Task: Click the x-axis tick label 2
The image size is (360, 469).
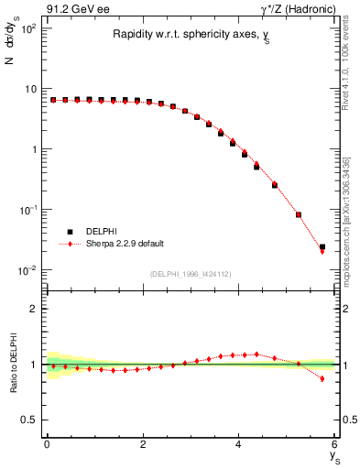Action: point(143,446)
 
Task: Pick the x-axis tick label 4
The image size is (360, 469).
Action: point(239,446)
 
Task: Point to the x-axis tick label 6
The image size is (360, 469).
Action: point(335,446)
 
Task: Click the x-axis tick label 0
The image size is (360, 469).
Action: point(47,446)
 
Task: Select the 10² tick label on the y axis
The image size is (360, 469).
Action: point(27,28)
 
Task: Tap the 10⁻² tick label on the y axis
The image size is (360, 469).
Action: point(27,269)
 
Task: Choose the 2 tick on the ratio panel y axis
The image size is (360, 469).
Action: point(32,309)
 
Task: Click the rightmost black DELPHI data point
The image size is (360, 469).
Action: point(322,246)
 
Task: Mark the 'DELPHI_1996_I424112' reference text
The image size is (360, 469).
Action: point(191,274)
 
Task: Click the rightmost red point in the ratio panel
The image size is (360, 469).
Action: point(322,378)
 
